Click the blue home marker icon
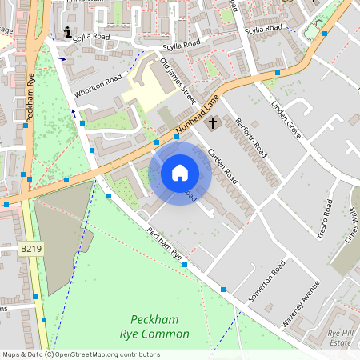pos(179,172)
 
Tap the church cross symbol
pos(213,123)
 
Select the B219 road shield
pos(31,250)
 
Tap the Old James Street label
pos(178,78)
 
